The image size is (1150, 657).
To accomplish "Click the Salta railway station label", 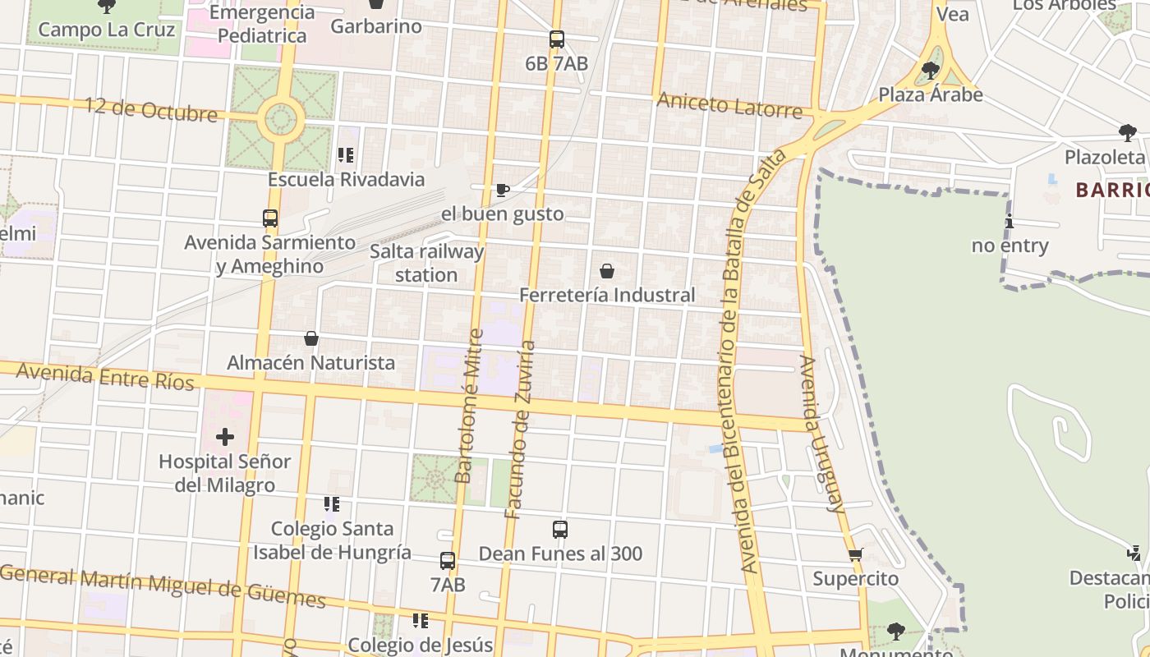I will pyautogui.click(x=426, y=263).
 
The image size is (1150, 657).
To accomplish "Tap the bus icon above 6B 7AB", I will pyautogui.click(x=557, y=39).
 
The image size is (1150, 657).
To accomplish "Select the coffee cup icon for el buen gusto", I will pyautogui.click(x=503, y=191).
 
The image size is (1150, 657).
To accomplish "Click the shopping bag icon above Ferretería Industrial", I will pyautogui.click(x=607, y=271).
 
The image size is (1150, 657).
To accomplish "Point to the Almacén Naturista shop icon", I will pyautogui.click(x=311, y=338).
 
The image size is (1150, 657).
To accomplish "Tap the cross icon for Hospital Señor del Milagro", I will pyautogui.click(x=224, y=437).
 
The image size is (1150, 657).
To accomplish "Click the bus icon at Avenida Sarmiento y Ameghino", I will pyautogui.click(x=270, y=218).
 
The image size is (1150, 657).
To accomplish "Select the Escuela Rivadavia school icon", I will pyautogui.click(x=346, y=154).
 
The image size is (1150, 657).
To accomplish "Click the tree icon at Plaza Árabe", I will pyautogui.click(x=931, y=71).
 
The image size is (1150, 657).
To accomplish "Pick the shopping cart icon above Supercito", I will pyautogui.click(x=856, y=555).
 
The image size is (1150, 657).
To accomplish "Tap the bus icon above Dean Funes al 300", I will pyautogui.click(x=560, y=530).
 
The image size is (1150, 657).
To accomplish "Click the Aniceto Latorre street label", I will pyautogui.click(x=729, y=105).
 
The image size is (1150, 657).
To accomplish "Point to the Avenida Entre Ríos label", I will pyautogui.click(x=105, y=376).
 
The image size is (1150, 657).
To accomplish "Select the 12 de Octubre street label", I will pyautogui.click(x=151, y=109).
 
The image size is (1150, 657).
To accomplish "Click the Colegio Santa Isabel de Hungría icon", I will pyautogui.click(x=332, y=504).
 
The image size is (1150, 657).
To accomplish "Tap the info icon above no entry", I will pyautogui.click(x=1010, y=222).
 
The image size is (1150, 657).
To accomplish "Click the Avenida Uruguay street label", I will pyautogui.click(x=821, y=434).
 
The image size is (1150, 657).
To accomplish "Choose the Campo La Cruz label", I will pyautogui.click(x=107, y=30).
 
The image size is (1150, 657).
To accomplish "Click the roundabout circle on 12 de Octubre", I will pyautogui.click(x=281, y=120).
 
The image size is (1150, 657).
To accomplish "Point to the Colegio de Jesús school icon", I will pyautogui.click(x=421, y=621).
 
